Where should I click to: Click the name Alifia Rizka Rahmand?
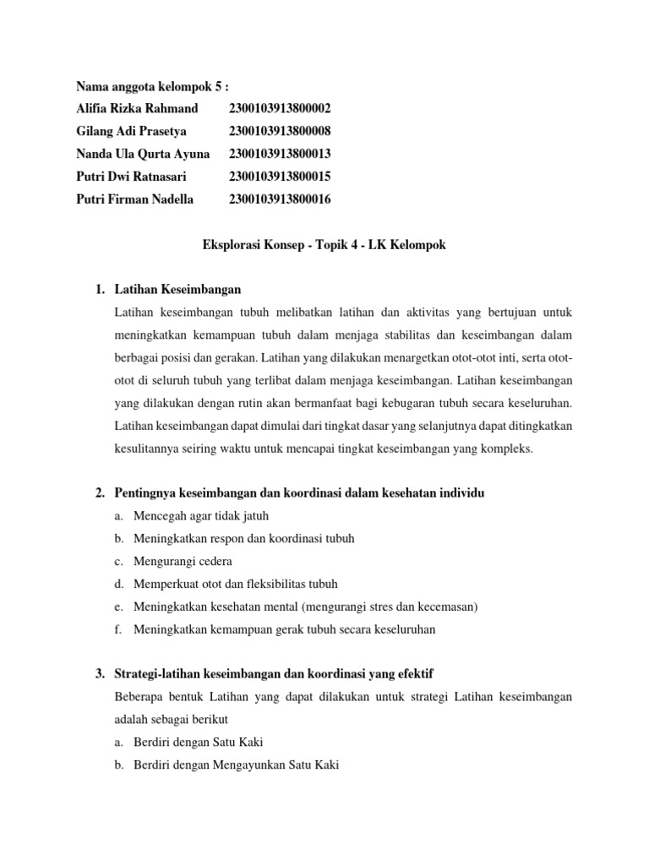coord(137,108)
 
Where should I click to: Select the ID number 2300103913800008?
coord(280,131)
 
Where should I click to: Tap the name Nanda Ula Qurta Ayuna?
coord(143,154)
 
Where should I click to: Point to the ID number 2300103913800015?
coord(280,177)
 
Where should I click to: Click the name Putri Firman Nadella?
coord(134,199)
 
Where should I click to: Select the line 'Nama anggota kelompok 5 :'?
coord(152,85)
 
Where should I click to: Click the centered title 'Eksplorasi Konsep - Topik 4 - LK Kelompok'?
coord(324,245)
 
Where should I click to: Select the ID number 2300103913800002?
coord(280,108)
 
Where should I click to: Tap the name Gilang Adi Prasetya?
coord(131,131)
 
